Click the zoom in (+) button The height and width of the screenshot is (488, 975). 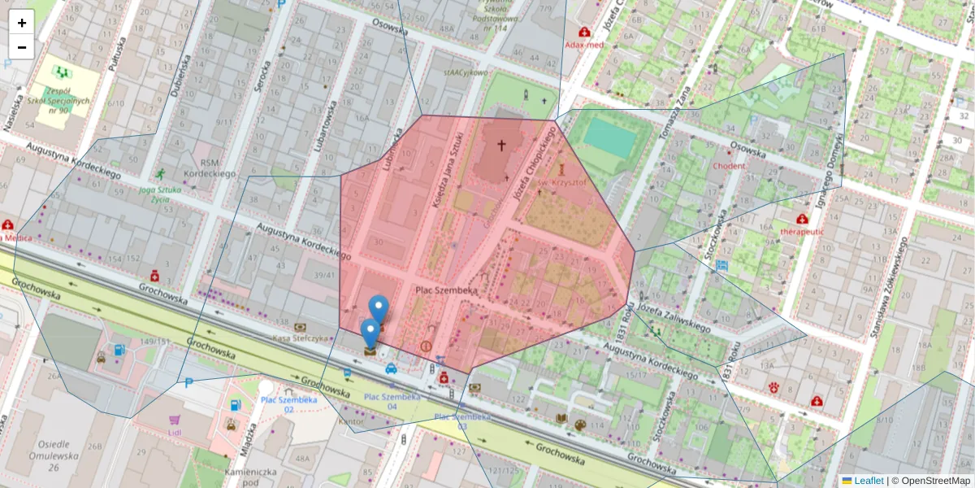coord(22,23)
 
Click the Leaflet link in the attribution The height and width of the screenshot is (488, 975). coord(869,481)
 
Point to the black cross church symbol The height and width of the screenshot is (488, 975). coord(501,146)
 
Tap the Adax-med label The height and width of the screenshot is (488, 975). coord(584,45)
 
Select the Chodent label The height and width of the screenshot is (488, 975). coord(728,166)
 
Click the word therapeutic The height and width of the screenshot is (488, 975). coord(802,231)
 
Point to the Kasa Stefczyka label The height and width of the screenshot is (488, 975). coord(300,338)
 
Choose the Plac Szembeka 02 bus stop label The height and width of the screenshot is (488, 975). coord(277,403)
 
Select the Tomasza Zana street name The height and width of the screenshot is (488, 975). coord(680,107)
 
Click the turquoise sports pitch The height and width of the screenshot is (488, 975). coord(609,137)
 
